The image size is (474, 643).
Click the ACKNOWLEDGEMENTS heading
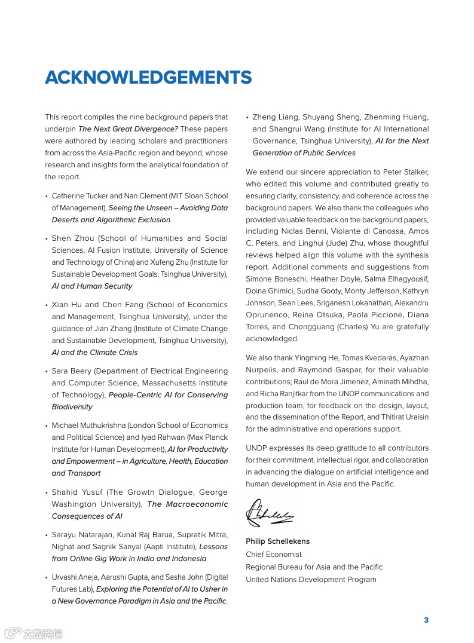pyautogui.click(x=148, y=78)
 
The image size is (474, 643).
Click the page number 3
pyautogui.click(x=426, y=620)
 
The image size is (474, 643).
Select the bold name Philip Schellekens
pyautogui.click(x=277, y=541)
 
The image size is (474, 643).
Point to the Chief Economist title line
pyautogui.click(x=274, y=554)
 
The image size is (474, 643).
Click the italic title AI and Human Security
pyautogui.click(x=92, y=286)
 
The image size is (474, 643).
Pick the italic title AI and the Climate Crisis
pyautogui.click(x=94, y=353)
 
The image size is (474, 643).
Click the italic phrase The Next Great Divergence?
pyautogui.click(x=128, y=129)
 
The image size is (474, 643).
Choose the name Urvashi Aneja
pyautogui.click(x=75, y=577)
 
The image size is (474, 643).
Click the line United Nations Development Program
pyautogui.click(x=311, y=580)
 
